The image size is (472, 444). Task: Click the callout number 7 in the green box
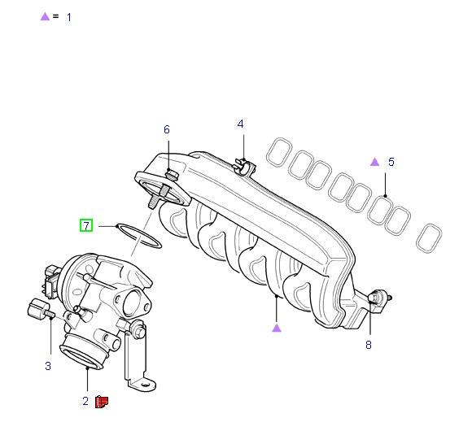coord(86,225)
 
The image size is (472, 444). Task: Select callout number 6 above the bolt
coord(167,129)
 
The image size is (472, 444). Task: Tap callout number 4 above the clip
coord(240,124)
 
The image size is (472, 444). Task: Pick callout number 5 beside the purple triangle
coord(391,162)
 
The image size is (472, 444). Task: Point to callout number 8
coord(369,345)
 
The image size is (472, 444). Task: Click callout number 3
coord(48,366)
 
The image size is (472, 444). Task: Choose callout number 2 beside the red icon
coord(85,401)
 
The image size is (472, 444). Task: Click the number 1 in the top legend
coord(69,17)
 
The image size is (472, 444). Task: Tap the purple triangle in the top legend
coord(45,16)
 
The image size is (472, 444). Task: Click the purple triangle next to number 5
coord(375,162)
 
